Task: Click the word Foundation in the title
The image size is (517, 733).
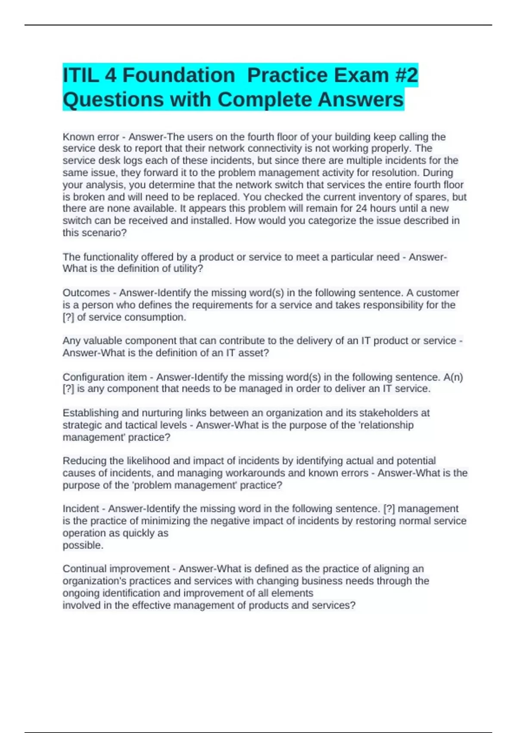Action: [x=179, y=75]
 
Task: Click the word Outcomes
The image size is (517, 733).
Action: [x=86, y=293]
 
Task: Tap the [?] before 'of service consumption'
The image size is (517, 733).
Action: [x=69, y=317]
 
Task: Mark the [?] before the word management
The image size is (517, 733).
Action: [x=389, y=509]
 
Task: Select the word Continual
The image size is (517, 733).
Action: [x=83, y=569]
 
